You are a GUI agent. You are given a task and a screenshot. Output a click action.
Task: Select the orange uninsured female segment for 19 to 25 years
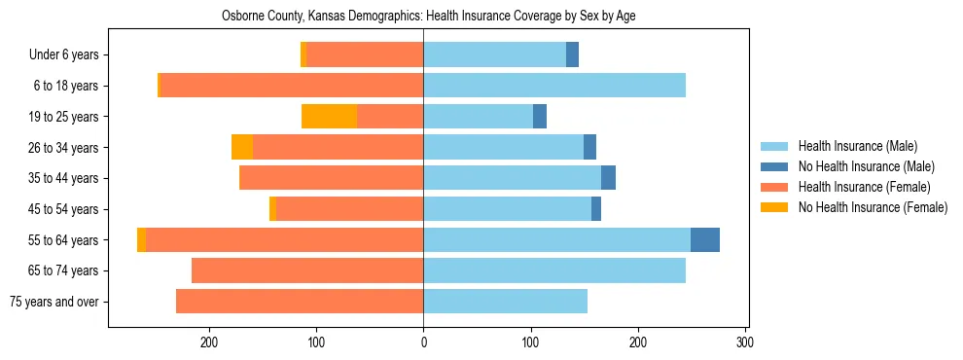coord(329,117)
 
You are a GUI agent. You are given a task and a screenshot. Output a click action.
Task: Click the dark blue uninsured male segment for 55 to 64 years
coord(705,239)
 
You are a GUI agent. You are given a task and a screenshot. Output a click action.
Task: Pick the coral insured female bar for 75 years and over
coord(300,302)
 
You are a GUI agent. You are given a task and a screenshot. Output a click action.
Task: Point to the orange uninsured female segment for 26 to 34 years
coord(242,147)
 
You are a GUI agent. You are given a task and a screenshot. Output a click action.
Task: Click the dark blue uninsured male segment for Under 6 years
coord(572,54)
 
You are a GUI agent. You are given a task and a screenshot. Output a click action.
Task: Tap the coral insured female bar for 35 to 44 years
coord(331,178)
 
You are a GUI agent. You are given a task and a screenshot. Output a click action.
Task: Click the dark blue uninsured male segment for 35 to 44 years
coord(608,178)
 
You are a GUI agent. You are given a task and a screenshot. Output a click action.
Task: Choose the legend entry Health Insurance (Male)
coord(857,146)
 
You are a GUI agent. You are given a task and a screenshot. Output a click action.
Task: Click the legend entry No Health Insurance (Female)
coord(873,207)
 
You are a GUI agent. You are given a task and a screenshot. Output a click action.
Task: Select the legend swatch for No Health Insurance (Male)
coord(775,166)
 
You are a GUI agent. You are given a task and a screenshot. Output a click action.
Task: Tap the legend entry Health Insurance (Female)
coord(864,187)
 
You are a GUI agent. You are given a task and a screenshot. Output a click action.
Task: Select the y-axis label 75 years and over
coord(54,302)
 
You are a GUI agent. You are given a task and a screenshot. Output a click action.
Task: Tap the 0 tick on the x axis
coord(423,342)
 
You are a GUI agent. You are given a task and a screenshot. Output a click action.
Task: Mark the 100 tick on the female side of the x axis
coord(316,342)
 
